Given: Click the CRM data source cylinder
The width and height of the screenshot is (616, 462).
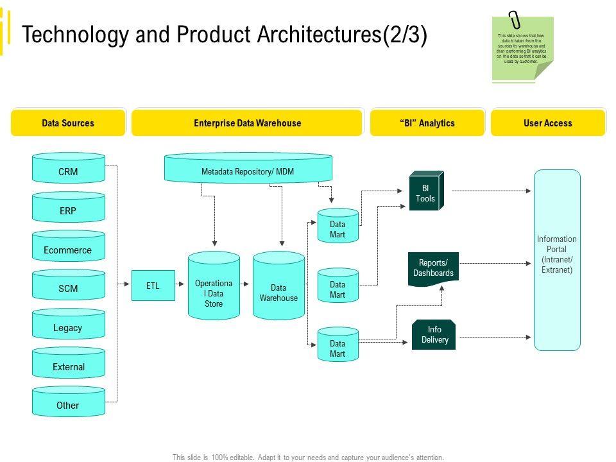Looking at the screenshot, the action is (x=69, y=167).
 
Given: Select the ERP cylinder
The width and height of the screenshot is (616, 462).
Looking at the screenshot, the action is (x=69, y=207).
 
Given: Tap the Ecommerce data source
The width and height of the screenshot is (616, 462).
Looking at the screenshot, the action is (x=69, y=246).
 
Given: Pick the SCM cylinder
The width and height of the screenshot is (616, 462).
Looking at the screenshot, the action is (x=69, y=285).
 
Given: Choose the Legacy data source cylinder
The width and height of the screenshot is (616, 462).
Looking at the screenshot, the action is (x=69, y=323).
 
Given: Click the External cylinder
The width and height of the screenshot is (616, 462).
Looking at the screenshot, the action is (x=69, y=363).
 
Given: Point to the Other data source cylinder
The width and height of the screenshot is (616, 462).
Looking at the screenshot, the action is (x=69, y=402).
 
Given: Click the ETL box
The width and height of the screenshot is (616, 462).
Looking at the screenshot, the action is (x=153, y=286).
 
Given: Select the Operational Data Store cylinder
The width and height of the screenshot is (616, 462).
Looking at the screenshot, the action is (x=214, y=286).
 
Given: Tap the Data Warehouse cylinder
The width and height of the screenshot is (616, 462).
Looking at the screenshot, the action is (x=278, y=286).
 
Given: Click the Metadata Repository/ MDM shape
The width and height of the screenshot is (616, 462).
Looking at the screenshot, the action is (x=248, y=168).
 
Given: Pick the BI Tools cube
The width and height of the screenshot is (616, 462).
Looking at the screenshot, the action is (x=427, y=191).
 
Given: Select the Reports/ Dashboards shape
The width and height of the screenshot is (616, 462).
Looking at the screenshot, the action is (x=433, y=269).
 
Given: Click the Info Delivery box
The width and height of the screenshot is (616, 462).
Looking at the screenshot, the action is (x=434, y=335).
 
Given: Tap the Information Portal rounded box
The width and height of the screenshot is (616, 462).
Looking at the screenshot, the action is (x=557, y=260).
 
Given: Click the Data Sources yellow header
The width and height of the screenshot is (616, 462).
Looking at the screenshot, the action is (x=69, y=123).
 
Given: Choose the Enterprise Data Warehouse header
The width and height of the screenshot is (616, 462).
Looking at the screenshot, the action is (x=247, y=123).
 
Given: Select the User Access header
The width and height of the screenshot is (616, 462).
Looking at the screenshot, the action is (x=548, y=123).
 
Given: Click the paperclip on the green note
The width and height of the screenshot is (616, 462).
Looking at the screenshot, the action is (x=514, y=20).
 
